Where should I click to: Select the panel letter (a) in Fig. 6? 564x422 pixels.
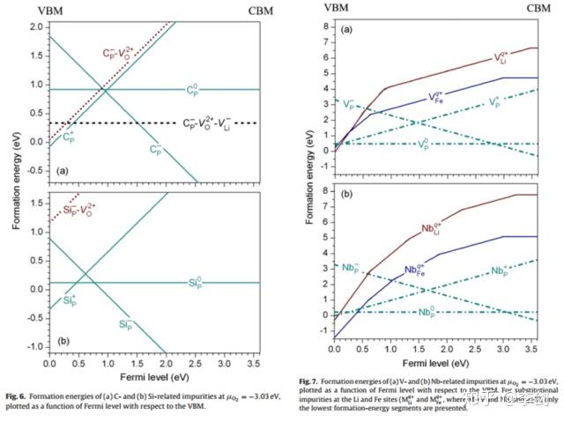point(60,168)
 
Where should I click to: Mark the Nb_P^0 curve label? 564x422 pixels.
point(429,313)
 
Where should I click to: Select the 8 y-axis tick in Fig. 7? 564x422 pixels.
point(325,190)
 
